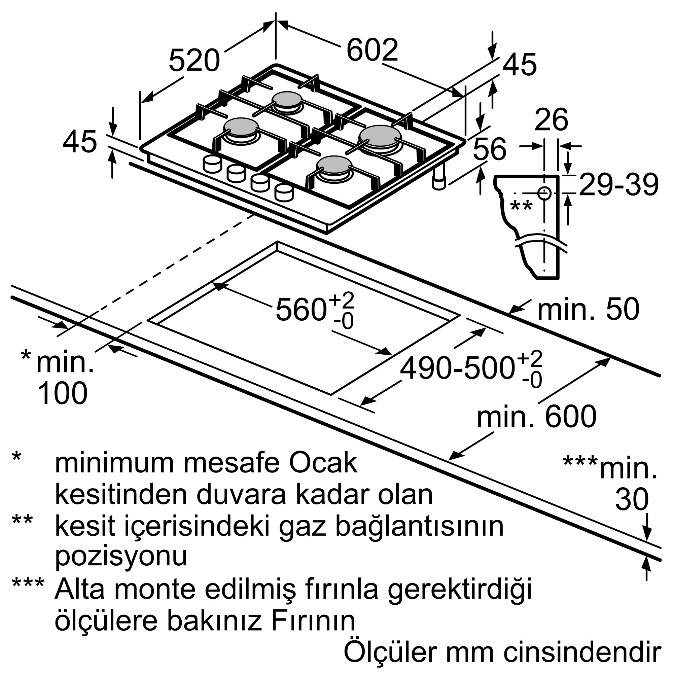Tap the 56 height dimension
pyautogui.click(x=489, y=149)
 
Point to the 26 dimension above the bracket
pyautogui.click(x=551, y=119)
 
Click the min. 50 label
pyautogui.click(x=588, y=309)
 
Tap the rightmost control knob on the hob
pyautogui.click(x=284, y=192)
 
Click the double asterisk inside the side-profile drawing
pyautogui.click(x=521, y=206)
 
